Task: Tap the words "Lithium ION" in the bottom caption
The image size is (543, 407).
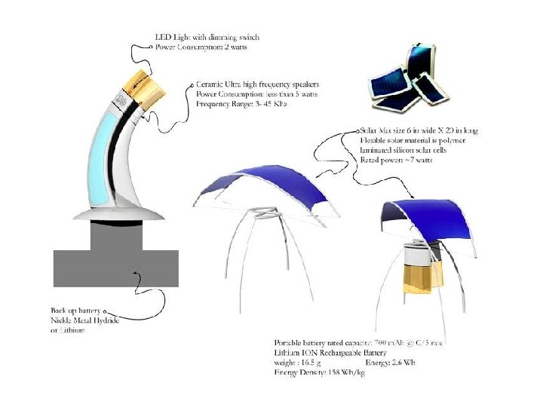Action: pyautogui.click(x=296, y=353)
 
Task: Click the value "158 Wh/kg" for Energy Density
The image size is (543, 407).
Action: pyautogui.click(x=344, y=373)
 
